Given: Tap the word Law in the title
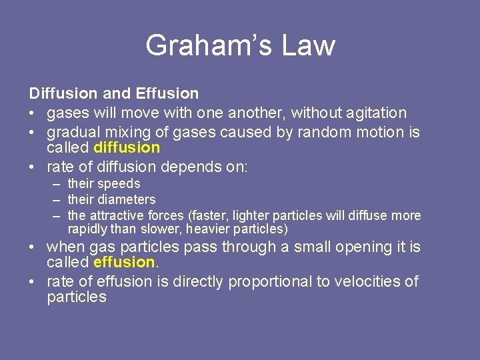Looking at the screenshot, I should coord(307,45).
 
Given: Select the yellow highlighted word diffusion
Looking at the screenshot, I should coord(127,147).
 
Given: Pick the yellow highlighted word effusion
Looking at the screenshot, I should coord(125,262).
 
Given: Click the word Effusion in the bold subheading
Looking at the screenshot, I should coord(168,93).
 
